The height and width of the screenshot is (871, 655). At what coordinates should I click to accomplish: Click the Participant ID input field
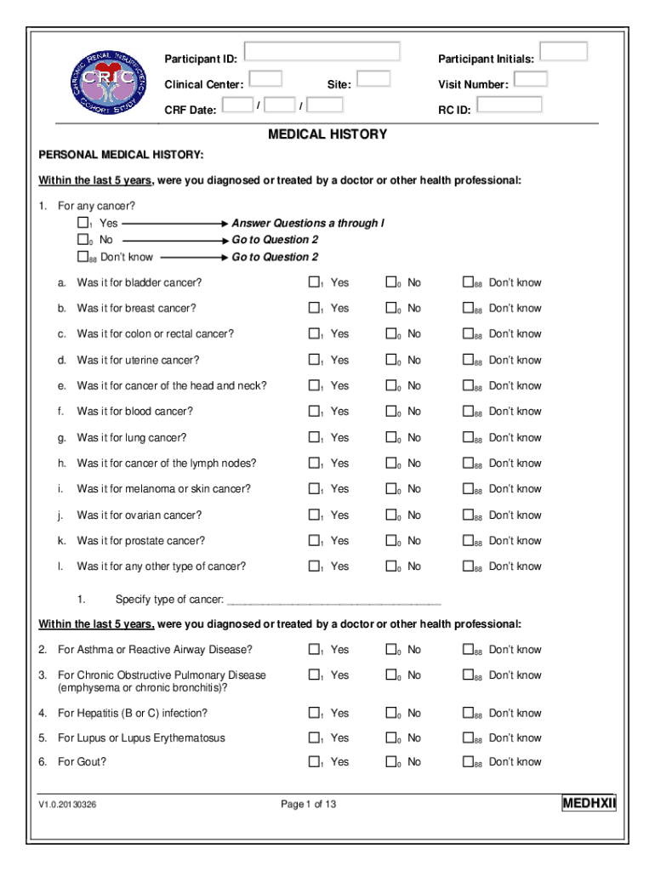point(322,51)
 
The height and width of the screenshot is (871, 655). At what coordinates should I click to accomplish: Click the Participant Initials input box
point(563,51)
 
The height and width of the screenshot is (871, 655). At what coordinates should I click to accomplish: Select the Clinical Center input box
point(266,79)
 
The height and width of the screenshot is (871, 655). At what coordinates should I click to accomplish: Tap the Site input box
point(373,79)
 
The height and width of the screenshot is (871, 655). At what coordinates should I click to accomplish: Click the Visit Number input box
point(531,79)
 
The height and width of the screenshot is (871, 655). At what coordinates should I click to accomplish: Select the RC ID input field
point(510,105)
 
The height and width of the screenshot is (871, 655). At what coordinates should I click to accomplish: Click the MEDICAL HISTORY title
point(327,134)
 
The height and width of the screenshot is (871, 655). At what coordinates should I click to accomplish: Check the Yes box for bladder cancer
point(313,282)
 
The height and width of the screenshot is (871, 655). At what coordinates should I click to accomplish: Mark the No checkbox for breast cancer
point(390,308)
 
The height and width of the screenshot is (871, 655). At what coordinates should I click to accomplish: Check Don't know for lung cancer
point(468,437)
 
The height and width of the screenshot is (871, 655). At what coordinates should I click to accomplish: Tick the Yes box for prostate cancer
point(313,540)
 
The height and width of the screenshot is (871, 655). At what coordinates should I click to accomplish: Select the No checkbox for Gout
point(390,762)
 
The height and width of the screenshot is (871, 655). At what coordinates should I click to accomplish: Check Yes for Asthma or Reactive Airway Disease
point(313,650)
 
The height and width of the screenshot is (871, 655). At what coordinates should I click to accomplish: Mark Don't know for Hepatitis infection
point(468,713)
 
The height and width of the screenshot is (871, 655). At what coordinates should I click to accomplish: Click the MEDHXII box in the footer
point(589,804)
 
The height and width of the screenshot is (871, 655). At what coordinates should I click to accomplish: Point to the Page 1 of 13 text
point(309,804)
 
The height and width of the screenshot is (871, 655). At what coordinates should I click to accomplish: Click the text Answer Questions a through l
point(308,223)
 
